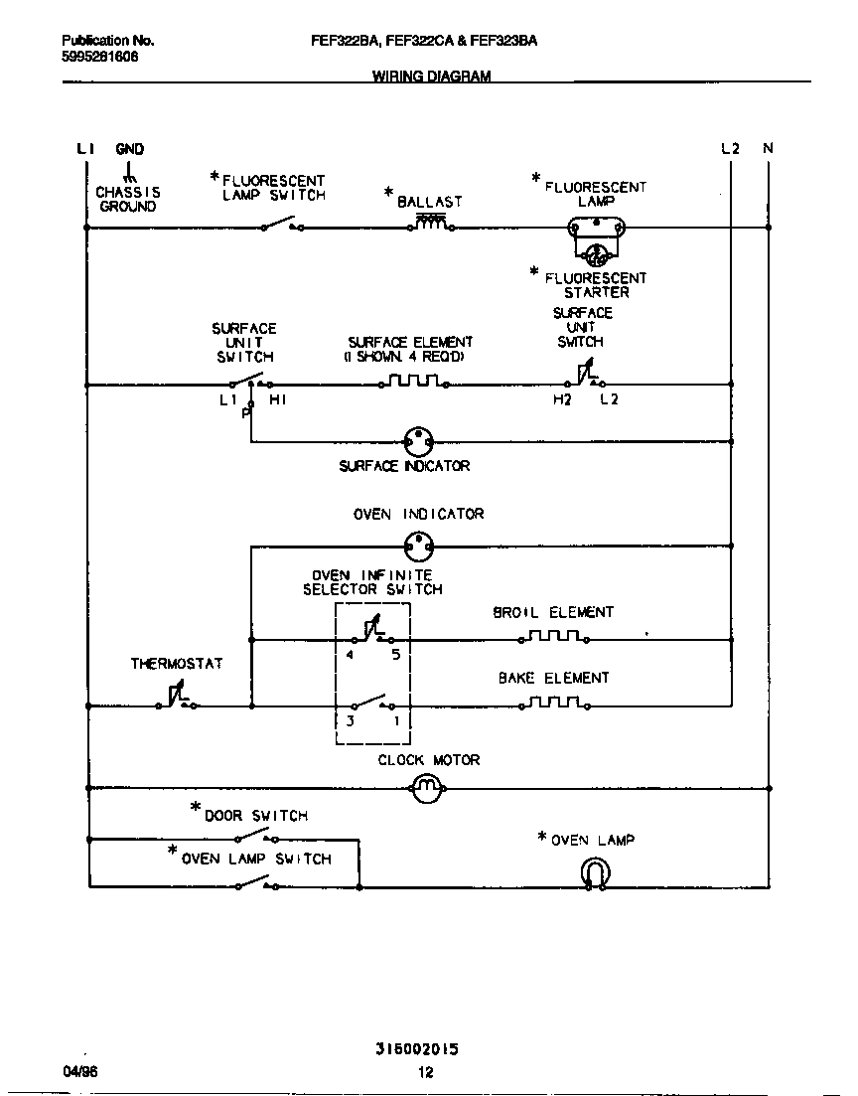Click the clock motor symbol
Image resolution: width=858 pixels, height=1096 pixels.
point(425,789)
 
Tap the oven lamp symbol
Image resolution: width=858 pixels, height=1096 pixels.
point(595,873)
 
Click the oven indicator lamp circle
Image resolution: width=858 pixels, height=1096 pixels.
point(420,545)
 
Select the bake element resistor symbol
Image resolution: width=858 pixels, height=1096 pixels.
point(554,703)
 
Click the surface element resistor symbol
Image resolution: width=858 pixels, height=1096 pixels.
point(413,382)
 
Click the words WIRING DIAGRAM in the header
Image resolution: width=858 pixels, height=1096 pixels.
point(431,76)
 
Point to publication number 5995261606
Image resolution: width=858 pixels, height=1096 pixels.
point(100,57)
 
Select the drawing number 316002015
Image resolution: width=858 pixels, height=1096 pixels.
point(417,1048)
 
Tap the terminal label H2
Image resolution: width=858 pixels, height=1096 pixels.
point(561,400)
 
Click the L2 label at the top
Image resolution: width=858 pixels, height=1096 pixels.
point(731,149)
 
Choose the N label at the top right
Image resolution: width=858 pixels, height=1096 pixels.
point(768,149)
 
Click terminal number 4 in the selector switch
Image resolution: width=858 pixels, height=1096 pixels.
point(350,655)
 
